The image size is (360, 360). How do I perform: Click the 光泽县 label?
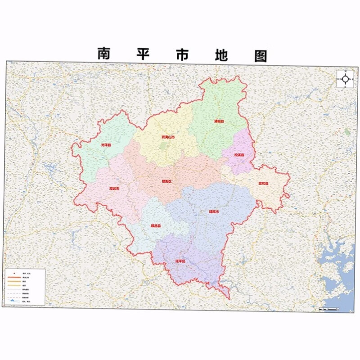coord(105,145)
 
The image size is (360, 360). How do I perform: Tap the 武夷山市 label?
coord(168,137)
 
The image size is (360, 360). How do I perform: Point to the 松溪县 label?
coord(238,155)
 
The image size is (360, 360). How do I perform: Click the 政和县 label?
coord(263,183)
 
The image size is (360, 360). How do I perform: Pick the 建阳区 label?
coord(166,181)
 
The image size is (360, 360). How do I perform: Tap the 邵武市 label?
coord(114,189)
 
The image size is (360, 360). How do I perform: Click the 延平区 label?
coord(180,261)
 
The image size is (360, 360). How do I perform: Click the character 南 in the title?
coord(104,54)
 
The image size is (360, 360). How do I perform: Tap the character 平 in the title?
coord(143,54)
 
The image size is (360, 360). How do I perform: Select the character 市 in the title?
coord(182,54)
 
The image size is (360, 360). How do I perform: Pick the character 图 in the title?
coord(260,55)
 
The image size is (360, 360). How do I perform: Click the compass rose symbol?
coord(345,79)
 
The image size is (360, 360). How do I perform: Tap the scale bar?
coord(328,309)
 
